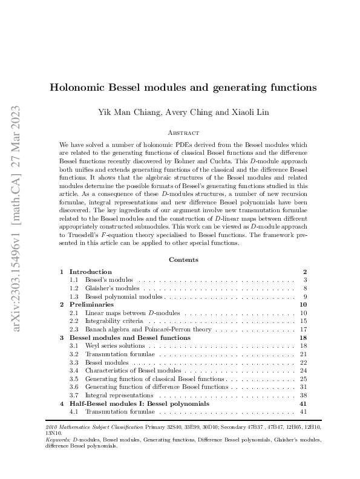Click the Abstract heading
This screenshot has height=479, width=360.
[x=183, y=132]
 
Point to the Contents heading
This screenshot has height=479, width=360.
[x=183, y=259]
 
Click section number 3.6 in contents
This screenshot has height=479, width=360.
[x=74, y=386]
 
